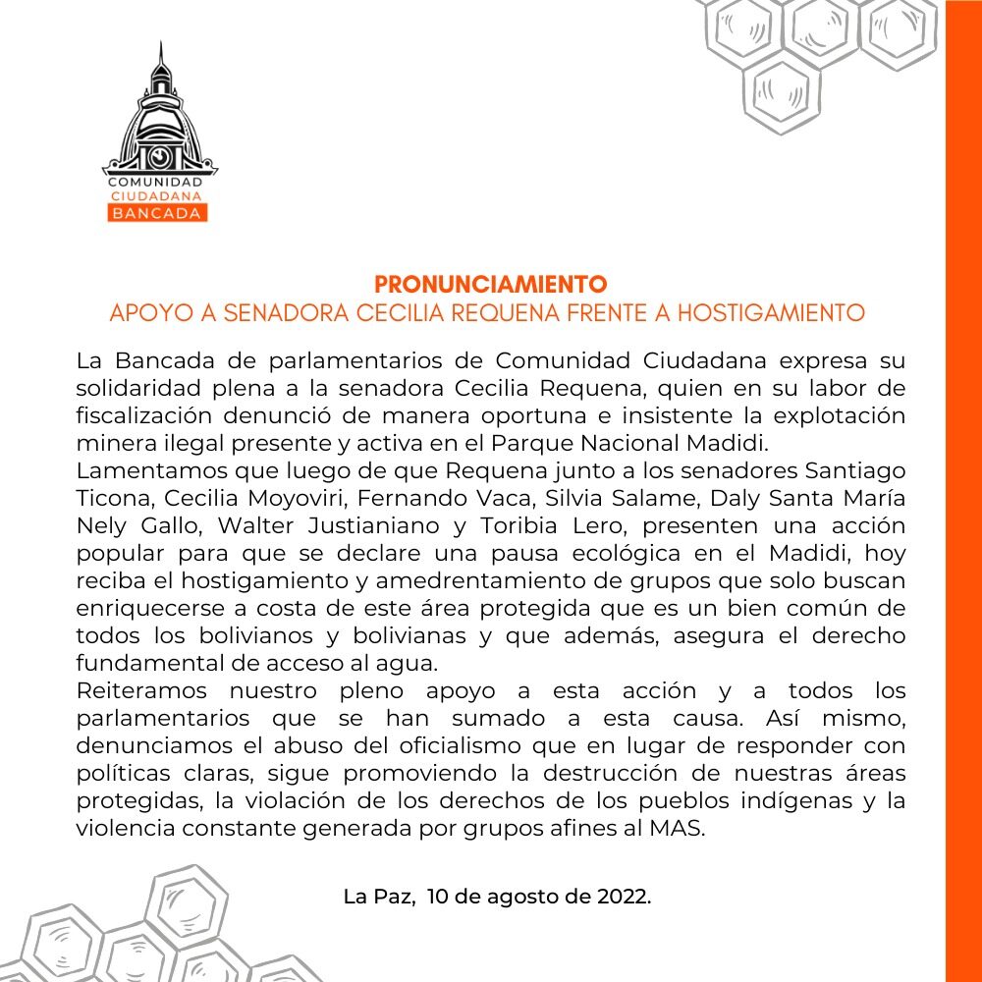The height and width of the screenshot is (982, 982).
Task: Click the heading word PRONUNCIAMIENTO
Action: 491,285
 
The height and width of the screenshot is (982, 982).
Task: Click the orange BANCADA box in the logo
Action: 157,213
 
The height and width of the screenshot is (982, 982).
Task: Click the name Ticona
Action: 111,499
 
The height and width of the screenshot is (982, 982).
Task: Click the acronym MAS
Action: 683,829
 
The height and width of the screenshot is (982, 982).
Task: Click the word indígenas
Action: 780,801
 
